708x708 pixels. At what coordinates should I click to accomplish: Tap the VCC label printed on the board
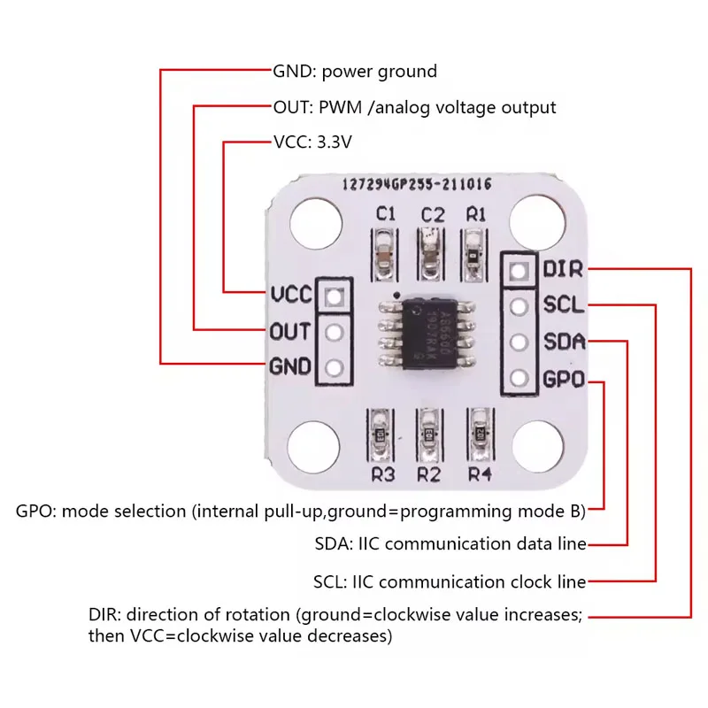pyautogui.click(x=291, y=295)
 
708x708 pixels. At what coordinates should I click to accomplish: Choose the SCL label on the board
pyautogui.click(x=563, y=305)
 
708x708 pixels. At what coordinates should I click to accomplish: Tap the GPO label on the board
pyautogui.click(x=563, y=380)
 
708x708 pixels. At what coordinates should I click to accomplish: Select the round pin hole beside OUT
pyautogui.click(x=334, y=332)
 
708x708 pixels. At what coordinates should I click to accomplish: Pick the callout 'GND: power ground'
pyautogui.click(x=354, y=71)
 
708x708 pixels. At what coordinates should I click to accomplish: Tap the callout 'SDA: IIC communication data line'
pyautogui.click(x=450, y=544)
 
